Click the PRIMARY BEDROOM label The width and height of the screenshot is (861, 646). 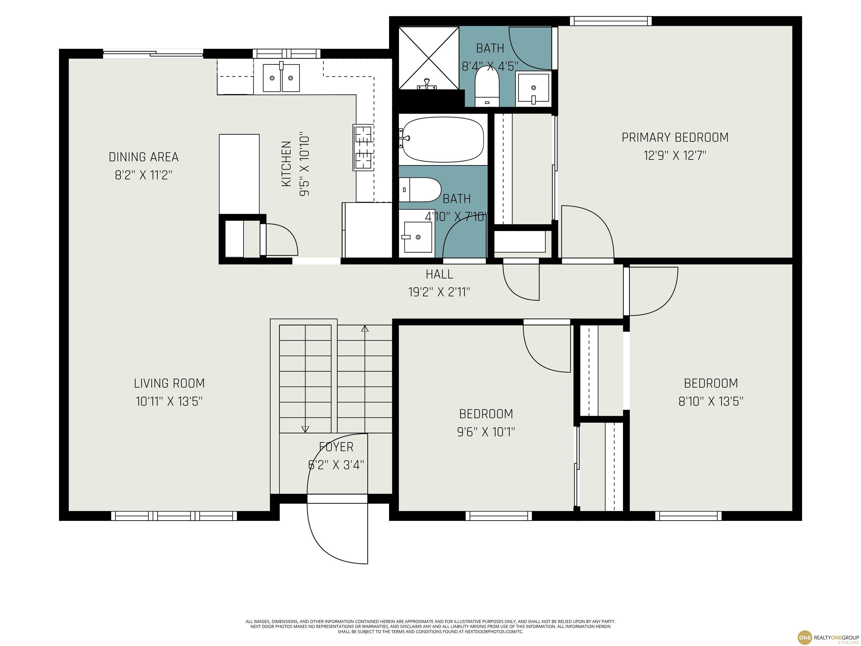(x=675, y=137)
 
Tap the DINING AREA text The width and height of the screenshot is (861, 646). (x=143, y=157)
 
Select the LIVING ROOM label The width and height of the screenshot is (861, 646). (x=169, y=384)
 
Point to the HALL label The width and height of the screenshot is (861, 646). (x=439, y=274)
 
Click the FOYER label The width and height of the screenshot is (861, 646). (x=336, y=447)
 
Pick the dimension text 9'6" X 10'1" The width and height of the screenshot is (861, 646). (x=486, y=432)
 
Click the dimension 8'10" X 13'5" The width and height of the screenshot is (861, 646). (x=711, y=402)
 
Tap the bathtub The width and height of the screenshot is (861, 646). (x=443, y=139)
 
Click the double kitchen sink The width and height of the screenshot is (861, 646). (x=281, y=78)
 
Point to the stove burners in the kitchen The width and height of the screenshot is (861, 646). (x=363, y=147)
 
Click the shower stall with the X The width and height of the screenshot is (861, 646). (x=429, y=58)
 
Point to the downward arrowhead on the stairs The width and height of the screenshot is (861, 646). (x=305, y=429)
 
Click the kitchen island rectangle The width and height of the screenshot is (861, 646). (x=239, y=174)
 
